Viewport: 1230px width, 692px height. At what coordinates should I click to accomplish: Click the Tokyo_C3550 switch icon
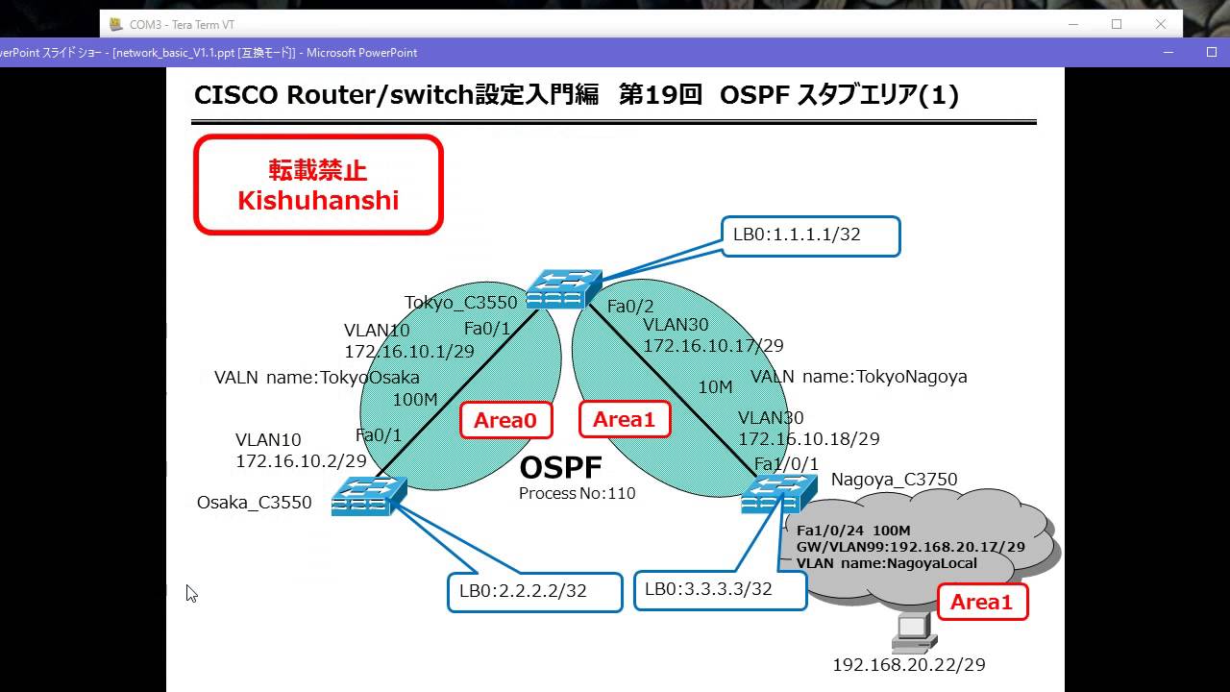click(564, 288)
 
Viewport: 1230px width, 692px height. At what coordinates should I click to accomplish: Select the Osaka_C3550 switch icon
click(369, 497)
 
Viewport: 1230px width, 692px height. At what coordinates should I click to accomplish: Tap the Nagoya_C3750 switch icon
click(772, 495)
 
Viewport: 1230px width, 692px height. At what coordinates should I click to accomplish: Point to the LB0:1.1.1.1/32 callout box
click(810, 235)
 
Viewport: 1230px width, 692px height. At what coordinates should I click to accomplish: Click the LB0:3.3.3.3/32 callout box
click(720, 590)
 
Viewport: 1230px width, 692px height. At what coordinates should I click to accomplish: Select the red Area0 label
click(505, 420)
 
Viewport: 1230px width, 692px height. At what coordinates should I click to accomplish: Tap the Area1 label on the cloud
click(981, 602)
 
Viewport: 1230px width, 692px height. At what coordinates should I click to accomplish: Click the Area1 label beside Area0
click(624, 420)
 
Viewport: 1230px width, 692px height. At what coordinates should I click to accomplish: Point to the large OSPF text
click(560, 468)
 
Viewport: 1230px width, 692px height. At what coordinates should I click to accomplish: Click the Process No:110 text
click(577, 494)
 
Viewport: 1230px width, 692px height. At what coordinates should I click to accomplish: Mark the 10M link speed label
click(715, 387)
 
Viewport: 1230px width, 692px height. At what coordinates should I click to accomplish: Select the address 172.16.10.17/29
click(714, 345)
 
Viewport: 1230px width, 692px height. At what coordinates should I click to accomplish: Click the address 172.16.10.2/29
click(301, 461)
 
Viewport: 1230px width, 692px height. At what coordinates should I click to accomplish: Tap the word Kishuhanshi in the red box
click(318, 200)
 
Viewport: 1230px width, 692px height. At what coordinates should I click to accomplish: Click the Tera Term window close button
click(1161, 24)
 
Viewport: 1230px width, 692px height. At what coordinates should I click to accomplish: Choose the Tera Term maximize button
click(1117, 24)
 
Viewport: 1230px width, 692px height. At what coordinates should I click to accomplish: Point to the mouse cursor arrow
click(190, 592)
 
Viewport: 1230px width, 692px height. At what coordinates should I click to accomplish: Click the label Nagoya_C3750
click(894, 480)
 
